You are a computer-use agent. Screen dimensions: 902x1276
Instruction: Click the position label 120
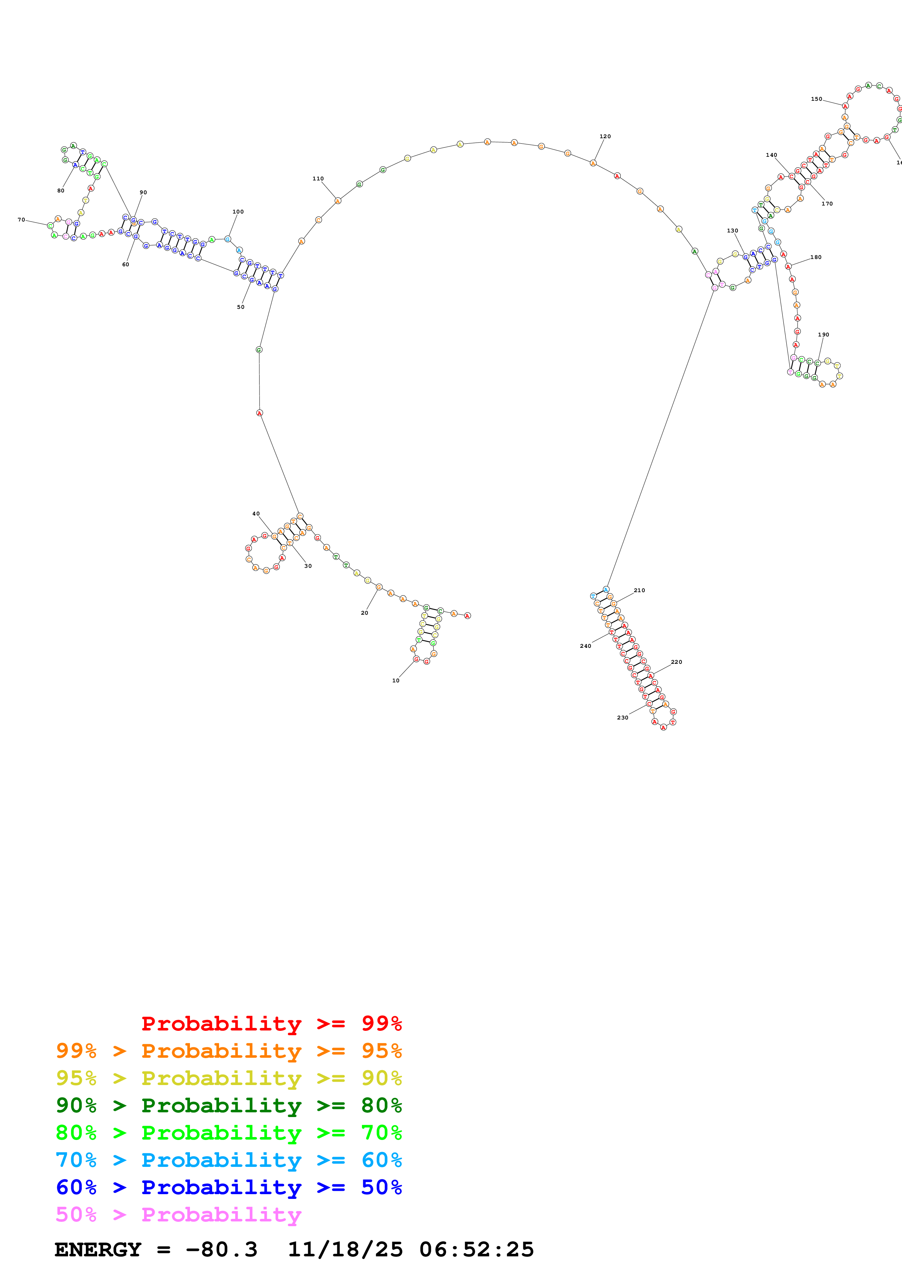605,136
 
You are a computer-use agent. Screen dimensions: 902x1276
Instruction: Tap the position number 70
21,220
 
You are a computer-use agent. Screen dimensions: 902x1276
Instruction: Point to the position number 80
60,191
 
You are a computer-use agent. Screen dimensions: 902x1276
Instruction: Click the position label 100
238,212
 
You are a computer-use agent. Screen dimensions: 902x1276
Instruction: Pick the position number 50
241,307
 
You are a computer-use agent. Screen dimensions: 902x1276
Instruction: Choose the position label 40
256,514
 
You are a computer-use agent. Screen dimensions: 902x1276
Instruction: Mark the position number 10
396,680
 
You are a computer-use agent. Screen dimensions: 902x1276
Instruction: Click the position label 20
364,613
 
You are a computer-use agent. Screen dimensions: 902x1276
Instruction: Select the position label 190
823,335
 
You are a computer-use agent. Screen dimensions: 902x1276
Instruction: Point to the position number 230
623,717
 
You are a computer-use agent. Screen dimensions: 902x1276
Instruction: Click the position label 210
639,590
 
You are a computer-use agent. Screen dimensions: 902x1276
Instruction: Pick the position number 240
585,646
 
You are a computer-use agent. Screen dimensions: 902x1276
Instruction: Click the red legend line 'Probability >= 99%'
271,1024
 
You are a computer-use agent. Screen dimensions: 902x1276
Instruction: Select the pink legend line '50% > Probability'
178,1215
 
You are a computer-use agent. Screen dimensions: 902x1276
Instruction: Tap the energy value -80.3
221,1249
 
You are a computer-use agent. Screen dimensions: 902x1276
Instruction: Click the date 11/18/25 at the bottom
345,1249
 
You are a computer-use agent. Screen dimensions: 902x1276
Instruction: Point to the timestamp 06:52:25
476,1249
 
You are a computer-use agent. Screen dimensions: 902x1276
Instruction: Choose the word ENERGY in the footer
98,1249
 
